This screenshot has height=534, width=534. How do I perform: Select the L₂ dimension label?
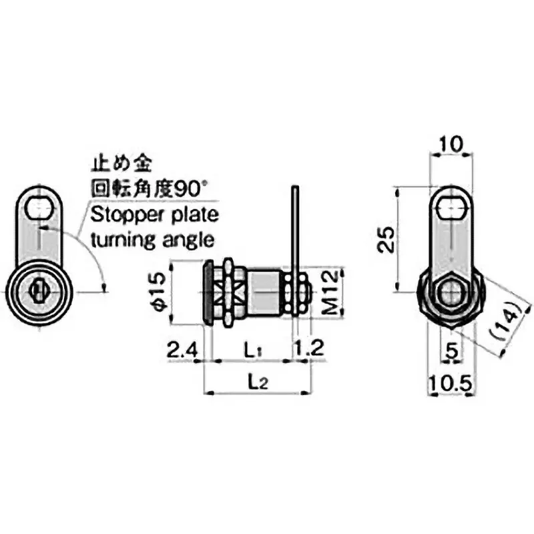(258, 381)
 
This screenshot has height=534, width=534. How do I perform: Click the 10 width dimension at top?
(451, 143)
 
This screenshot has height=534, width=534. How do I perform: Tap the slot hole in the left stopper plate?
(41, 209)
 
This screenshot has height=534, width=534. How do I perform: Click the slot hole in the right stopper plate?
(451, 208)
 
